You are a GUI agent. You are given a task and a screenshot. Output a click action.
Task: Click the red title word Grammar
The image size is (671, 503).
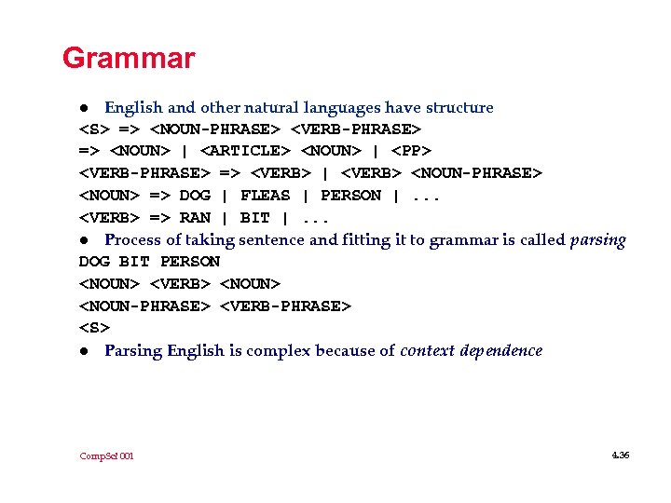129,59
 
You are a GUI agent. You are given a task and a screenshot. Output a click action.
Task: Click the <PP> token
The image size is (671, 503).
412,150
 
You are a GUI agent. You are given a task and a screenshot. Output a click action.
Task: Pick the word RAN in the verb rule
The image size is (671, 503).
195,217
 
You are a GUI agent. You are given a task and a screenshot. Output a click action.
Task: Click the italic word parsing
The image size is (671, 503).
597,239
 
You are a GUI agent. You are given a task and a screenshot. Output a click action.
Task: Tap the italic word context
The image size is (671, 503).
427,350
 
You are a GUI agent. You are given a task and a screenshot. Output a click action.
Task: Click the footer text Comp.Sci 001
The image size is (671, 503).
106,456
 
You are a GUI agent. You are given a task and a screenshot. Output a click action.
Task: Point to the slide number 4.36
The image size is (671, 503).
621,455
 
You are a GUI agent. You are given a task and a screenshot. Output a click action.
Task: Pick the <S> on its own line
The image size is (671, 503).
94,328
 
